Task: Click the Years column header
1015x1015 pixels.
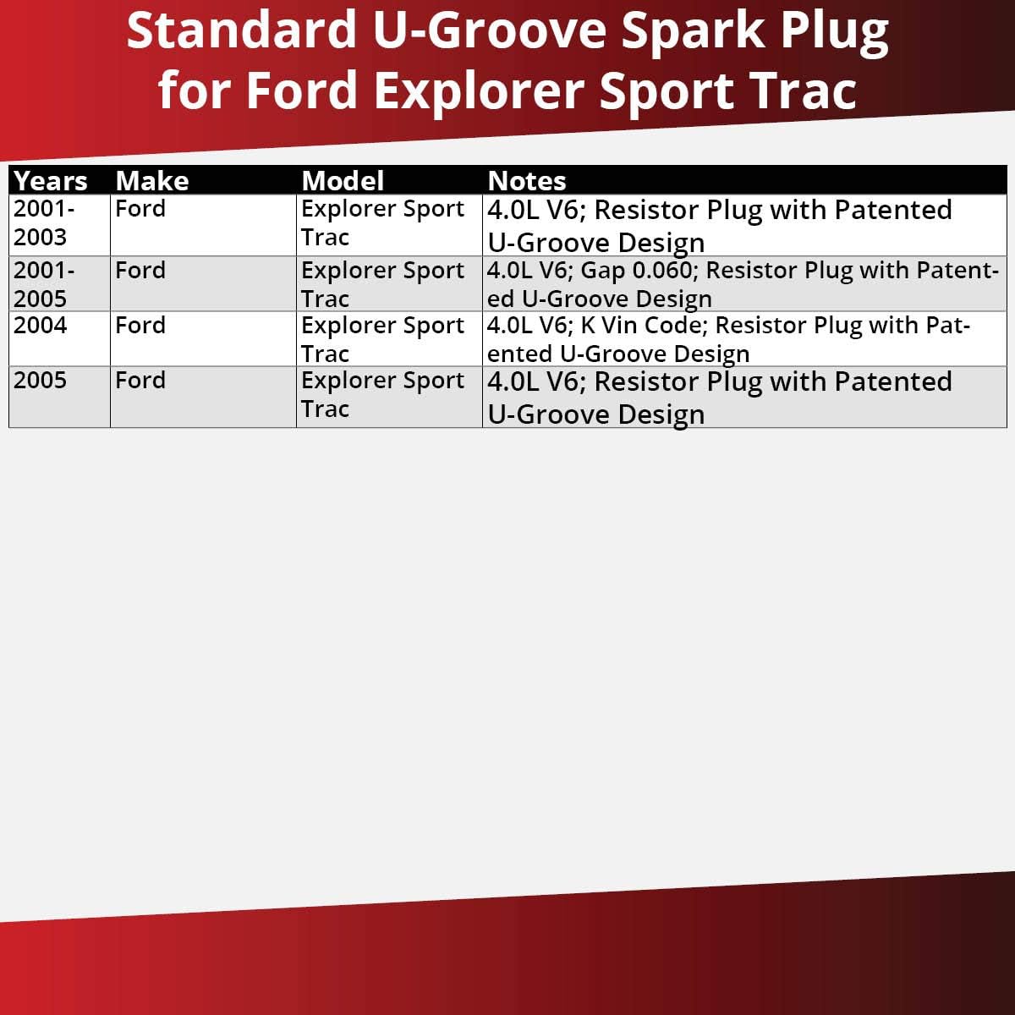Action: (x=51, y=181)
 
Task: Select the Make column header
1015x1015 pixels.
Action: (x=152, y=181)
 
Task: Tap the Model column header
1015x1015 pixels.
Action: (x=343, y=181)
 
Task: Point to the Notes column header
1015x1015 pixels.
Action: (x=527, y=181)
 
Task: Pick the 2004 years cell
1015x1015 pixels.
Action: (x=40, y=326)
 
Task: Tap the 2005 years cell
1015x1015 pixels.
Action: (x=40, y=381)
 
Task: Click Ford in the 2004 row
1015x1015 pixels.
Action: (x=140, y=326)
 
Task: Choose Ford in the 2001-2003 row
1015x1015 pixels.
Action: (x=140, y=209)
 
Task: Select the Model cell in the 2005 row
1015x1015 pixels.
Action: (x=382, y=395)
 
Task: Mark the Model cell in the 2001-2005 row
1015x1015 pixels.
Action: (x=382, y=284)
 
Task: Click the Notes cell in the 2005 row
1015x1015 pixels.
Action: (x=719, y=397)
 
